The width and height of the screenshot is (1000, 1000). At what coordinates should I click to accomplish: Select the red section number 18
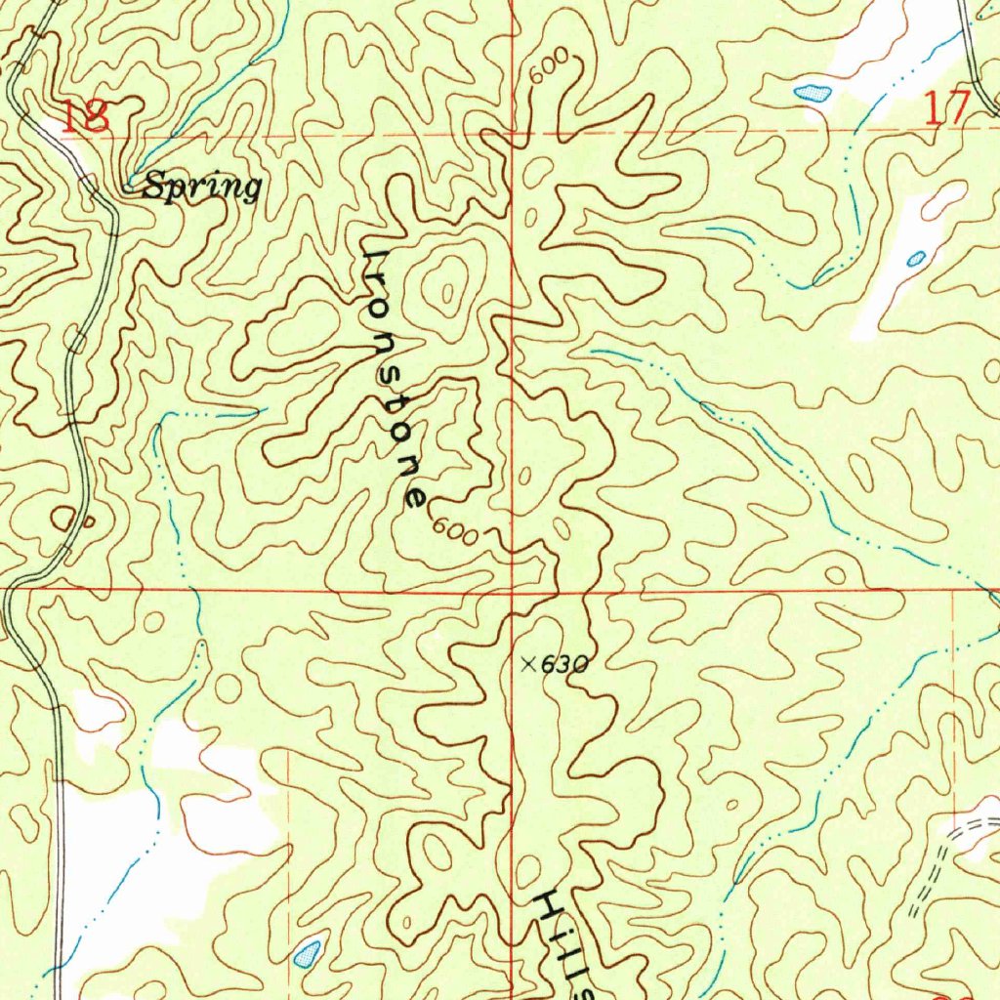click(x=84, y=116)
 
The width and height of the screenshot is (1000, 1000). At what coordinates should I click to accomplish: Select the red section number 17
click(x=946, y=106)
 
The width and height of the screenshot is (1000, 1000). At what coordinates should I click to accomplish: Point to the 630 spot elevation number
click(x=565, y=665)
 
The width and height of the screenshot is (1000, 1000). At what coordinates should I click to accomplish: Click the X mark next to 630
click(x=528, y=664)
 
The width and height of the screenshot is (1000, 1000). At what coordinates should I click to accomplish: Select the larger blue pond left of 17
click(x=812, y=94)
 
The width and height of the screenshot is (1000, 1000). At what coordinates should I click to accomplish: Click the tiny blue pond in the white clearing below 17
click(x=916, y=259)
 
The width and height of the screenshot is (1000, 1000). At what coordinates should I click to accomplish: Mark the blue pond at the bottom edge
click(x=308, y=951)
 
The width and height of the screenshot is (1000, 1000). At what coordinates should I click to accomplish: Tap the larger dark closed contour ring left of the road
click(x=64, y=517)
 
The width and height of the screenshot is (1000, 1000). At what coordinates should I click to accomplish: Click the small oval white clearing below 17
click(x=943, y=199)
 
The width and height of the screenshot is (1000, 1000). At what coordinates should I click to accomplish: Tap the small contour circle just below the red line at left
click(x=153, y=621)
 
